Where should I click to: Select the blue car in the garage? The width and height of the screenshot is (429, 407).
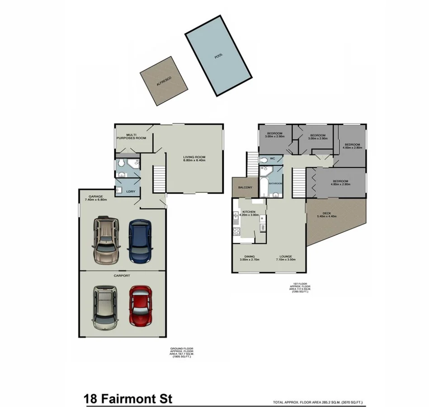click(139, 241)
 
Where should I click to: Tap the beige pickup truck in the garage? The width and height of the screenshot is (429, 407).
click(106, 241)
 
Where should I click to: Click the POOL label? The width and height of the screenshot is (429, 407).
click(219, 57)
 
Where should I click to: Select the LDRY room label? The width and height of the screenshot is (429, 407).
click(130, 191)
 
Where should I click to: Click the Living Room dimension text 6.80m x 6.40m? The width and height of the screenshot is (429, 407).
click(194, 160)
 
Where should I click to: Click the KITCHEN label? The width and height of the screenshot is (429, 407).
click(249, 212)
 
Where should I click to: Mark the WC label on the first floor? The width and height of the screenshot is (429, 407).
click(273, 159)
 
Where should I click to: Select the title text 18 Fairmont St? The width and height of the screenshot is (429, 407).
click(128, 399)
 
